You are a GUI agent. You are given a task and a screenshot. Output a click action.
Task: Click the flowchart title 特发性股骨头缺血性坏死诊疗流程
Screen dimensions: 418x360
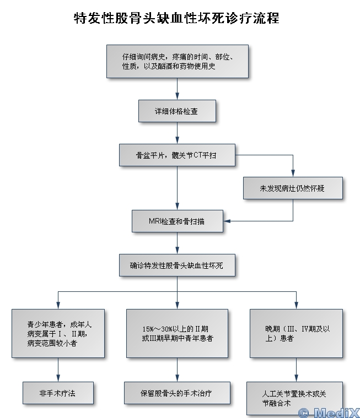(176, 19)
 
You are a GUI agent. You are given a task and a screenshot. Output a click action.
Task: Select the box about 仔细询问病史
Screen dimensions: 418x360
(177, 61)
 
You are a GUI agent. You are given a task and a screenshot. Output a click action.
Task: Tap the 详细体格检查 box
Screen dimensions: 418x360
(177, 111)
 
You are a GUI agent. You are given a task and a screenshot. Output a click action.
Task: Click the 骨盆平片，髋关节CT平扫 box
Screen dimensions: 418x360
(177, 155)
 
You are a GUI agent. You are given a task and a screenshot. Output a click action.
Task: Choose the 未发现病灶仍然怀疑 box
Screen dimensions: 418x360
(293, 188)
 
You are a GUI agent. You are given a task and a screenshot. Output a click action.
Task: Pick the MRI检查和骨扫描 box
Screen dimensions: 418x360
(177, 221)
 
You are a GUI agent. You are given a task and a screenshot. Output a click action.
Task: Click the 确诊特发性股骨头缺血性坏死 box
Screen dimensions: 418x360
(177, 265)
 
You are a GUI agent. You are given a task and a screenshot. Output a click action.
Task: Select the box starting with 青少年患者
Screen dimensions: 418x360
(58, 333)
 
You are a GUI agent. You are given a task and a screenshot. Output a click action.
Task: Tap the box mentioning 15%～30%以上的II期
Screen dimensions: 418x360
(177, 333)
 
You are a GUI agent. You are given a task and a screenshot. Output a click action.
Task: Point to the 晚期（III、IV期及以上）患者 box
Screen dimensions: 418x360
(296, 333)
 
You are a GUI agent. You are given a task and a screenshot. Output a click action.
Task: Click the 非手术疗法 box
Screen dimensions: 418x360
(58, 393)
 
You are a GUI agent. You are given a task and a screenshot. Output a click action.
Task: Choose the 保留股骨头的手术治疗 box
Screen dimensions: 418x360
(177, 393)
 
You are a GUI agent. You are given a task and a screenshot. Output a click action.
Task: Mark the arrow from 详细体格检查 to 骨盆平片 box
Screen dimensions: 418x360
(177, 133)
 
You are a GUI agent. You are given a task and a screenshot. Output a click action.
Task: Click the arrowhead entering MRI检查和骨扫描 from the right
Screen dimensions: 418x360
(227, 221)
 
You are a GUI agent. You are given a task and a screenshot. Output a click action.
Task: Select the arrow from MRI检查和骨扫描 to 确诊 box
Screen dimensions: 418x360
(177, 243)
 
